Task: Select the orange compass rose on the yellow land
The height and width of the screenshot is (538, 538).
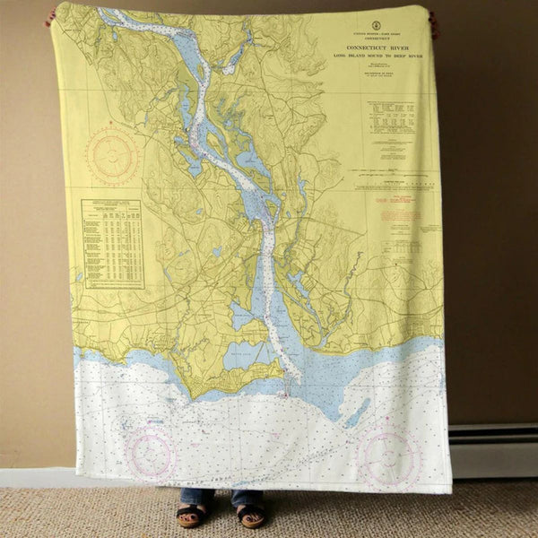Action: [112, 155]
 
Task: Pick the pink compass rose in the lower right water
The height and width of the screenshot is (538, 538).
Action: [389, 459]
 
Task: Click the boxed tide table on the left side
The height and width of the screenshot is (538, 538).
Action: [112, 243]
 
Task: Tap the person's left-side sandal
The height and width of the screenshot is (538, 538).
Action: [189, 515]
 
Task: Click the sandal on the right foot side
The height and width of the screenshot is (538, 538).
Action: [250, 516]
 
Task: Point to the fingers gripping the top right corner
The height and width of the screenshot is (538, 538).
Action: [435, 22]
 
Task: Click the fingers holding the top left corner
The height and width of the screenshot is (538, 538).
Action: [51, 15]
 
